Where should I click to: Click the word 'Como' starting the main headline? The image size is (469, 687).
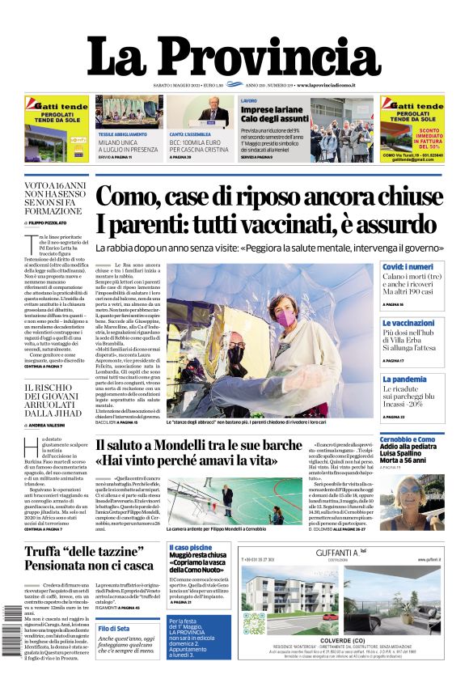click(131, 197)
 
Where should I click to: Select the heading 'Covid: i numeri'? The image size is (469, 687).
click(430, 267)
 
